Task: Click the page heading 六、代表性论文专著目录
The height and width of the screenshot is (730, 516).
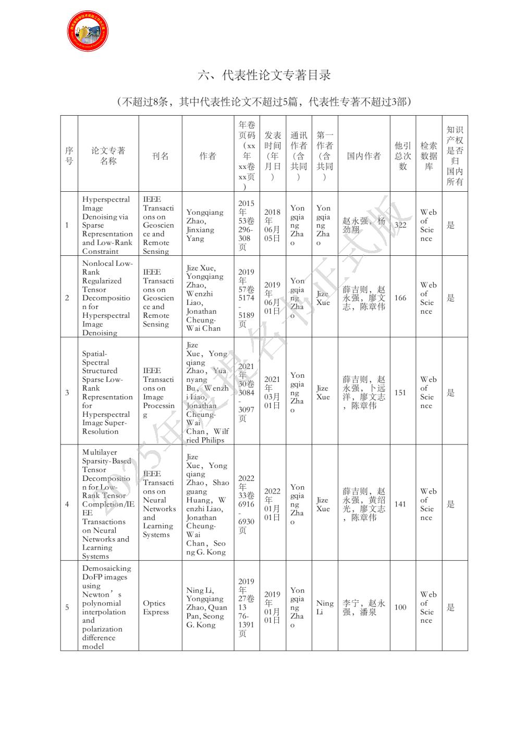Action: [264, 75]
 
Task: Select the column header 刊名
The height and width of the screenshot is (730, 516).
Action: [160, 156]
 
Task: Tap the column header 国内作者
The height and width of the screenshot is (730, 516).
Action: [364, 156]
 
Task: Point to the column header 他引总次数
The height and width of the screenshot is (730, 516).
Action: [402, 156]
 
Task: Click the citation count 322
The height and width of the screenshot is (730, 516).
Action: [400, 225]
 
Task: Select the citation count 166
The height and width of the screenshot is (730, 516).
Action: [400, 298]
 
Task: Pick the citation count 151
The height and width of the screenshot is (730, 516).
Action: [400, 392]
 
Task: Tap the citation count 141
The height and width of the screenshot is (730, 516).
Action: [400, 504]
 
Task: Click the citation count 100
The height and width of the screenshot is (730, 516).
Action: [400, 607]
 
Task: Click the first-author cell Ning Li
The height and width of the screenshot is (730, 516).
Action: [325, 607]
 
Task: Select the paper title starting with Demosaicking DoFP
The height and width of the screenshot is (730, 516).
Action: [107, 607]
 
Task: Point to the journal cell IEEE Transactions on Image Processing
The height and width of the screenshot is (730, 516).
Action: [159, 392]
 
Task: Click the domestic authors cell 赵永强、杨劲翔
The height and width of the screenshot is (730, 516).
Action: [364, 225]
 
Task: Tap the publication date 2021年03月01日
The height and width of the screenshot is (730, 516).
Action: [272, 392]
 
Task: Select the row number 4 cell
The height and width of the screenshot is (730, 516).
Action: [67, 504]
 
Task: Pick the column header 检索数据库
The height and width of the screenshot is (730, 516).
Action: [428, 156]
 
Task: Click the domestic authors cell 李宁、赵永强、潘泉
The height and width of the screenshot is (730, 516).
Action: [364, 607]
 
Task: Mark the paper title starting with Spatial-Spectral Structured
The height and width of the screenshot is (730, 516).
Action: [107, 392]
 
